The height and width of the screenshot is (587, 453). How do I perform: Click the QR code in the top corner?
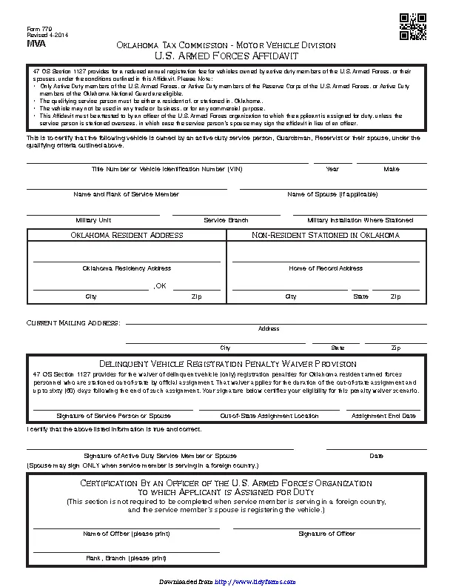[412, 27]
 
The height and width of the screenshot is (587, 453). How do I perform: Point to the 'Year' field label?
[332, 169]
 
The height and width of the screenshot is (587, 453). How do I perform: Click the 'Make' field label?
[392, 169]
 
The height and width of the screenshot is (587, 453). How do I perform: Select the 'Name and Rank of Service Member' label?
[126, 194]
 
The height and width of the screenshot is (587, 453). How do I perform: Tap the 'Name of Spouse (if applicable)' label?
[332, 194]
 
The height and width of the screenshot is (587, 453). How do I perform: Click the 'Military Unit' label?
[93, 220]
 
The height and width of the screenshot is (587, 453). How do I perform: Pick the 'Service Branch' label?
[226, 220]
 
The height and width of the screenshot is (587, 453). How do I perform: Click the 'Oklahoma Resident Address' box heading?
[127, 235]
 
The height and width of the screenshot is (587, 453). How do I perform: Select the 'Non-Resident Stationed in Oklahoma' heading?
[326, 235]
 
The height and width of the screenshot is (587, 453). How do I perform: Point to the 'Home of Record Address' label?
[326, 268]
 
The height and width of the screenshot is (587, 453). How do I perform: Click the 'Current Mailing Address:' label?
[73, 323]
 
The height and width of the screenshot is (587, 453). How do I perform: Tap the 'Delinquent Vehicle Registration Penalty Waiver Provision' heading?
[227, 364]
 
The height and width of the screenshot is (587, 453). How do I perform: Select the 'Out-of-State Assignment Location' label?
[269, 416]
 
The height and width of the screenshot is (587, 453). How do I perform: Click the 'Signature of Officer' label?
[326, 534]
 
